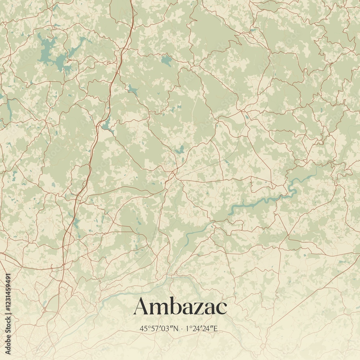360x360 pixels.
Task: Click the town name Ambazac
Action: point(180,307)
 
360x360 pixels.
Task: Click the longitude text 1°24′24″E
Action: point(202,328)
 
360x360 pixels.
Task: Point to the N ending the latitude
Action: point(176,328)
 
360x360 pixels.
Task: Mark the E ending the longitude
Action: point(216,328)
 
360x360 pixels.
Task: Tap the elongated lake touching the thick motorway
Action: point(107,124)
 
